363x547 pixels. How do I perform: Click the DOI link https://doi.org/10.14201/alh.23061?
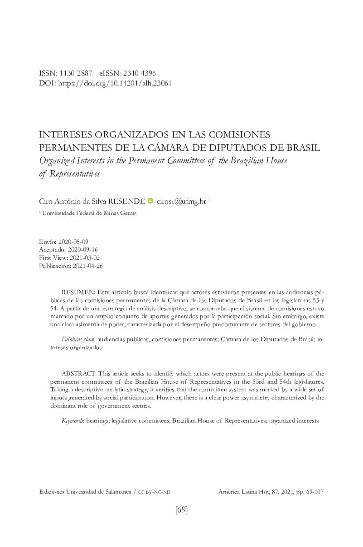point(115,83)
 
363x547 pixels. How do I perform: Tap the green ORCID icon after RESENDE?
point(151,201)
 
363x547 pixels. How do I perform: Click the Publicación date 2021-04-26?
point(87,266)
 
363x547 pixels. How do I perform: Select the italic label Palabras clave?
point(72,339)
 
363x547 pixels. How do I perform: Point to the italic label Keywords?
point(72,421)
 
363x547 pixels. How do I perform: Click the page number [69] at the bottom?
point(181,510)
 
